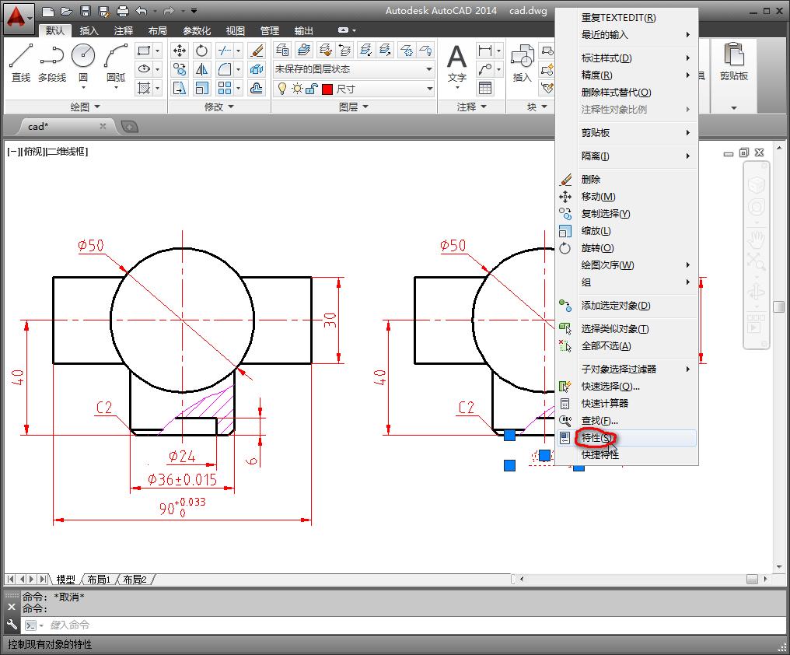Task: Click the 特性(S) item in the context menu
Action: tap(597, 438)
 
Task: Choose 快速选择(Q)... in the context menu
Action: tap(610, 386)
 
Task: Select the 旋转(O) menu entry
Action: tap(597, 247)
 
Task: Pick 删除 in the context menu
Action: tap(591, 179)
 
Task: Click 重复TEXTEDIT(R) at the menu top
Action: tap(618, 17)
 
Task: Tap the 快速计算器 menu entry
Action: tap(604, 403)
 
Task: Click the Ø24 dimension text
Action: tap(182, 457)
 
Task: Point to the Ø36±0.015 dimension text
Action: tap(183, 480)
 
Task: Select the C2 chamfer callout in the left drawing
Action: tap(104, 407)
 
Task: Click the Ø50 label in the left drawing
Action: tap(91, 246)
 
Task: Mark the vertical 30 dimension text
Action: tap(331, 319)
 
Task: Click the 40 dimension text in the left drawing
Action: tap(18, 377)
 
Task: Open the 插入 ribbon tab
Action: tap(89, 30)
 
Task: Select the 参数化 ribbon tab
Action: tap(197, 30)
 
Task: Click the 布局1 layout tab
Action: tap(98, 580)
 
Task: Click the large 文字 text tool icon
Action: tap(457, 62)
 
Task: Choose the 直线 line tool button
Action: tap(21, 62)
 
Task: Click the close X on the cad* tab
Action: tap(103, 126)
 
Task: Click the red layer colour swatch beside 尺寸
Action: tap(327, 89)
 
